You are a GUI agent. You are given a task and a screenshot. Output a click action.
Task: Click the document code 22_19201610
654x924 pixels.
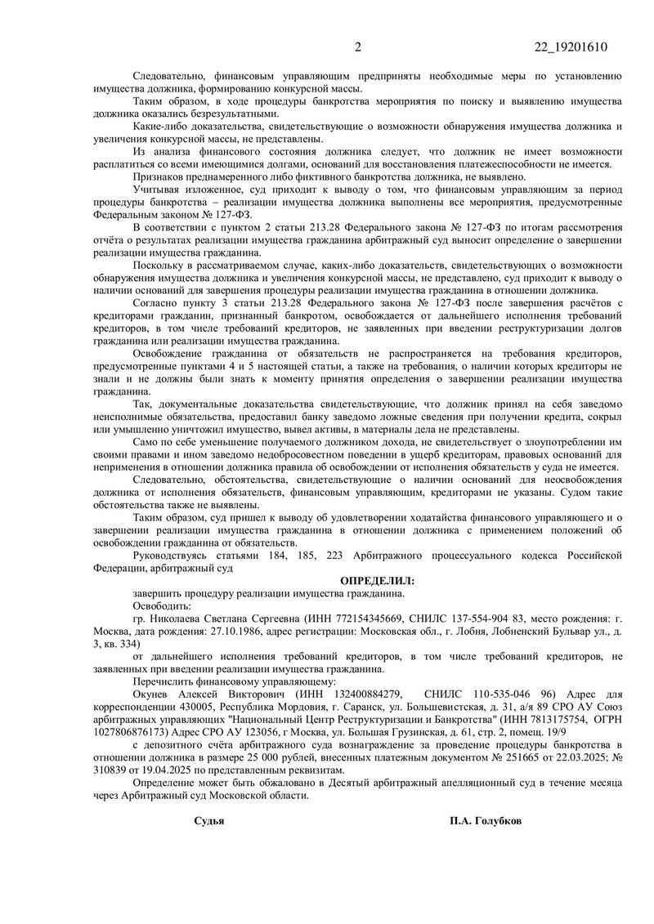pyautogui.click(x=568, y=46)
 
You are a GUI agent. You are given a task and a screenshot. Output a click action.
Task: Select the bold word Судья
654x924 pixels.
pyautogui.click(x=209, y=820)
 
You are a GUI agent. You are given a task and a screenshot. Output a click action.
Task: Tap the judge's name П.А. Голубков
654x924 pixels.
pyautogui.click(x=484, y=820)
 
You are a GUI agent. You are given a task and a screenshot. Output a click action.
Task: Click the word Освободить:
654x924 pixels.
pyautogui.click(x=161, y=606)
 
